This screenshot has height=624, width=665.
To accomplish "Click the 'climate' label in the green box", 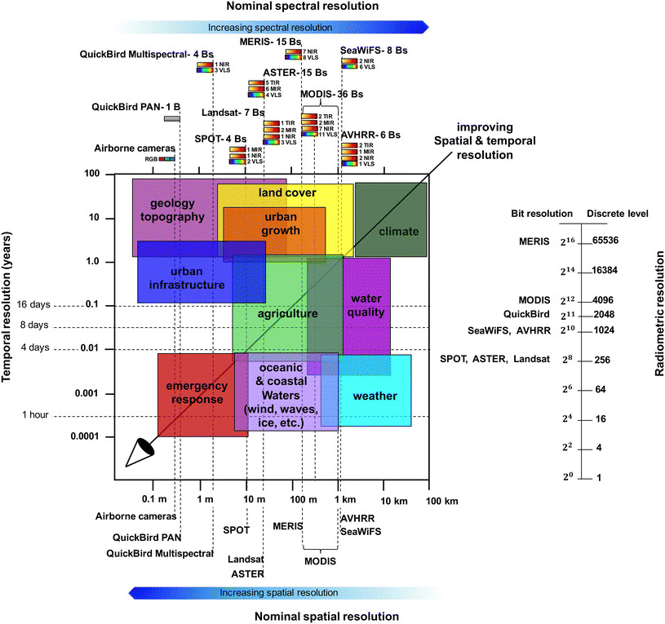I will [x=399, y=232].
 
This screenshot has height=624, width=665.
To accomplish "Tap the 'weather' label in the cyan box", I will [x=375, y=396].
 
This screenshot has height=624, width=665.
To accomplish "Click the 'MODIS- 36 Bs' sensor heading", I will [x=331, y=94].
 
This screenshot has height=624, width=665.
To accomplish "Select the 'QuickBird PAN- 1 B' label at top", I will [x=135, y=106].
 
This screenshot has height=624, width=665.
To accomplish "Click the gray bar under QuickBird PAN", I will [x=171, y=119].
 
